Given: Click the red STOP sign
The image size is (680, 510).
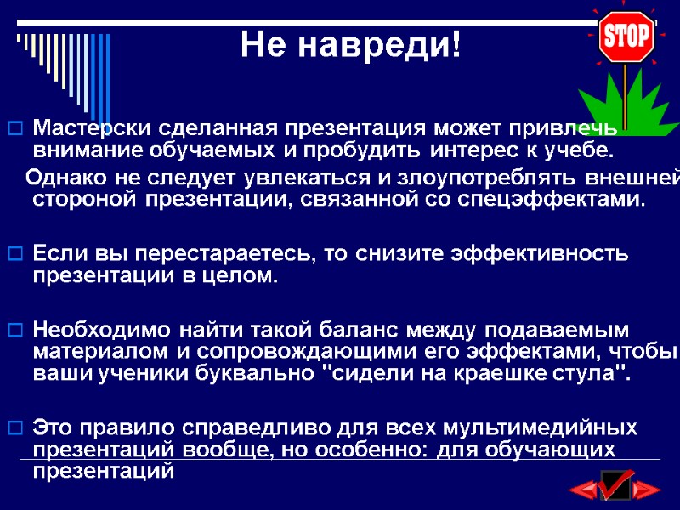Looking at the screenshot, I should (x=626, y=36).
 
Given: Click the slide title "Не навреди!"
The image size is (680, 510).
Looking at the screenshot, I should (x=350, y=44).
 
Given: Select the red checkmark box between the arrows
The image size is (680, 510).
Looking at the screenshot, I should (x=615, y=485).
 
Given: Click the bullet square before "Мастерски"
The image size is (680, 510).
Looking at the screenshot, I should (x=14, y=129).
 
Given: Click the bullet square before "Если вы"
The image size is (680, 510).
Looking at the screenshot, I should (x=14, y=253).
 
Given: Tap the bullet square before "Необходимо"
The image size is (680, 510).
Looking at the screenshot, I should (x=14, y=329).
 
